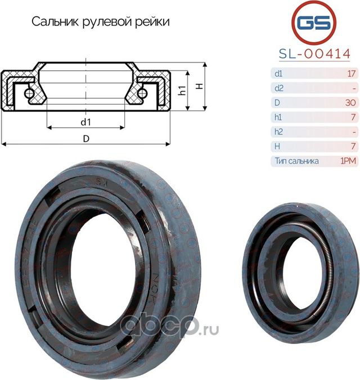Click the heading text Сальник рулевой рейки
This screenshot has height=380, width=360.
[x=100, y=22]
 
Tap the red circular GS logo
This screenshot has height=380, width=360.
[x=314, y=22]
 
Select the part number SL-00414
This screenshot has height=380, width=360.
[x=314, y=54]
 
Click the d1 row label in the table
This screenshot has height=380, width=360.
[x=278, y=74]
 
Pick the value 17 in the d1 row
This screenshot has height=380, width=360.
[x=352, y=74]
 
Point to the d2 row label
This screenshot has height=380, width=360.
[x=278, y=88]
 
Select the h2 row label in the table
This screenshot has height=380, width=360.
[x=278, y=132]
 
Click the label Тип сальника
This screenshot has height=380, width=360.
[x=297, y=161]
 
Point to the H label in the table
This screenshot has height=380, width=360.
[x=276, y=147]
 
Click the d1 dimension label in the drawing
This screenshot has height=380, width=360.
[x=85, y=121]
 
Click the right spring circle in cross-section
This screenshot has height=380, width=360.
[x=143, y=92]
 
